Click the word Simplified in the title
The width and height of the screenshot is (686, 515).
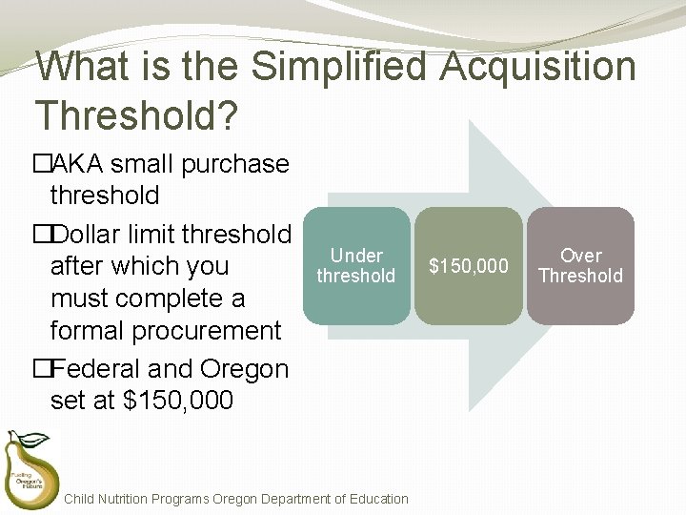342,67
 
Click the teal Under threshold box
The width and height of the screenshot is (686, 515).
356,266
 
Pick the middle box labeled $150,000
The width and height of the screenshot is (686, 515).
469,266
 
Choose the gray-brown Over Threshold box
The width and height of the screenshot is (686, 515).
580,266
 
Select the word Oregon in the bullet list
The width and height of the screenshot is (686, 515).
245,368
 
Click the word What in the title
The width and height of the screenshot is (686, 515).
80,67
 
